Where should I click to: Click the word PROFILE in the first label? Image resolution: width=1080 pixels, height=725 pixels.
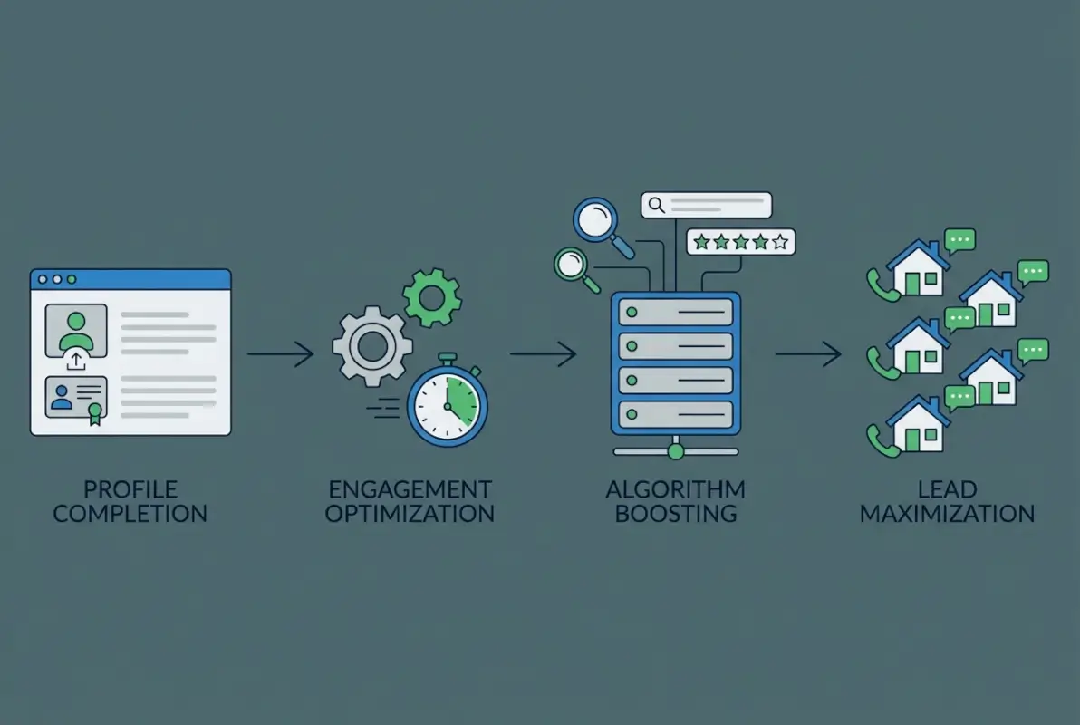click(130, 490)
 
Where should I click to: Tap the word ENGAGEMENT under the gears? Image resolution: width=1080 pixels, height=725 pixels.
click(410, 490)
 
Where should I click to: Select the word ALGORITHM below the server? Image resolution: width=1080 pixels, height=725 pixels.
click(675, 490)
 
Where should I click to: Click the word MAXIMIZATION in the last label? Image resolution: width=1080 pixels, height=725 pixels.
click(947, 514)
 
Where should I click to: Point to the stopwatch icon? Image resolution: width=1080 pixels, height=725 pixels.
click(447, 401)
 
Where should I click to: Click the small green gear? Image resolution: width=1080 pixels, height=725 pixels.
click(431, 297)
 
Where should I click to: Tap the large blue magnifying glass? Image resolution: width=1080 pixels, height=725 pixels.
click(597, 221)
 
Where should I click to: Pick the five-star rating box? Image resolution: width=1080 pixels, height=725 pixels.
click(740, 242)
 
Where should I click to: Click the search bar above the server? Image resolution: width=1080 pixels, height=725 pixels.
click(706, 206)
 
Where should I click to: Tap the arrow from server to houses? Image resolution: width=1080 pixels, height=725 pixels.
click(807, 353)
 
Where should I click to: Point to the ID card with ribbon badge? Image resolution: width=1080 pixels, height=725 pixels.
click(76, 400)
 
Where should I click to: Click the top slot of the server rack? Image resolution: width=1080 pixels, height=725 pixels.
click(675, 312)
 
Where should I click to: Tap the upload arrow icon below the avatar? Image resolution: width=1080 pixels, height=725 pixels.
click(76, 362)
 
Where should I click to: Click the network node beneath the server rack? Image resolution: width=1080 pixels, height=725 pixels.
click(675, 449)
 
